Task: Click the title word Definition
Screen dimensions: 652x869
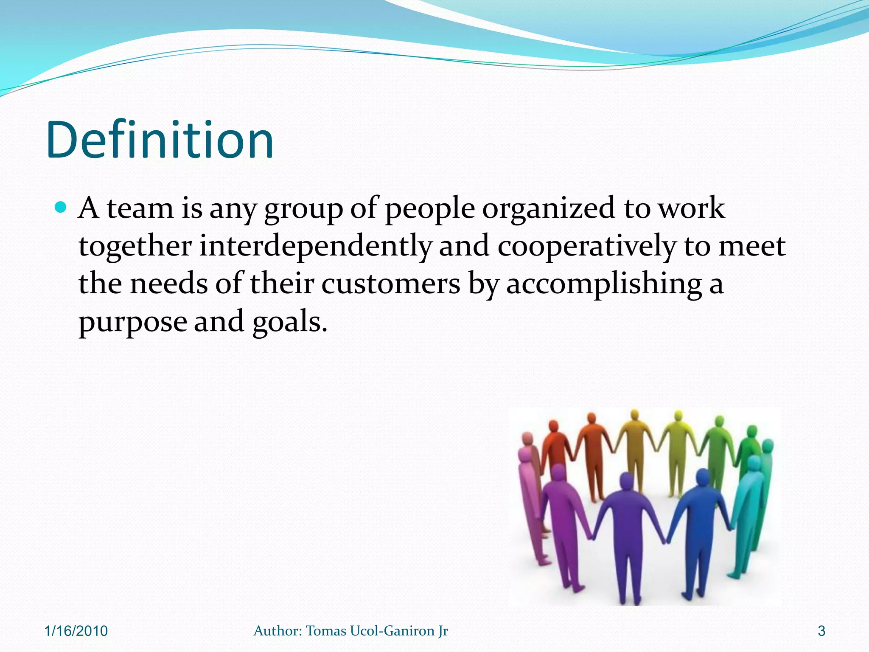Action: [x=160, y=140]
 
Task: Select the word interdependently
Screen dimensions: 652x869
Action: [x=315, y=246]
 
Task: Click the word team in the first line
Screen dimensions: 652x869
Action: [x=140, y=209]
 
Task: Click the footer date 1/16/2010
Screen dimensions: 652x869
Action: [x=76, y=631]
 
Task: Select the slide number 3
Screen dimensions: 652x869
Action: [x=821, y=631]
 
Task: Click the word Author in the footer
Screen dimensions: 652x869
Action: [x=278, y=631]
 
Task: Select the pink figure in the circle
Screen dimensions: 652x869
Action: [x=528, y=488]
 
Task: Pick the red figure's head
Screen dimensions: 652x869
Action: [x=553, y=426]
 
